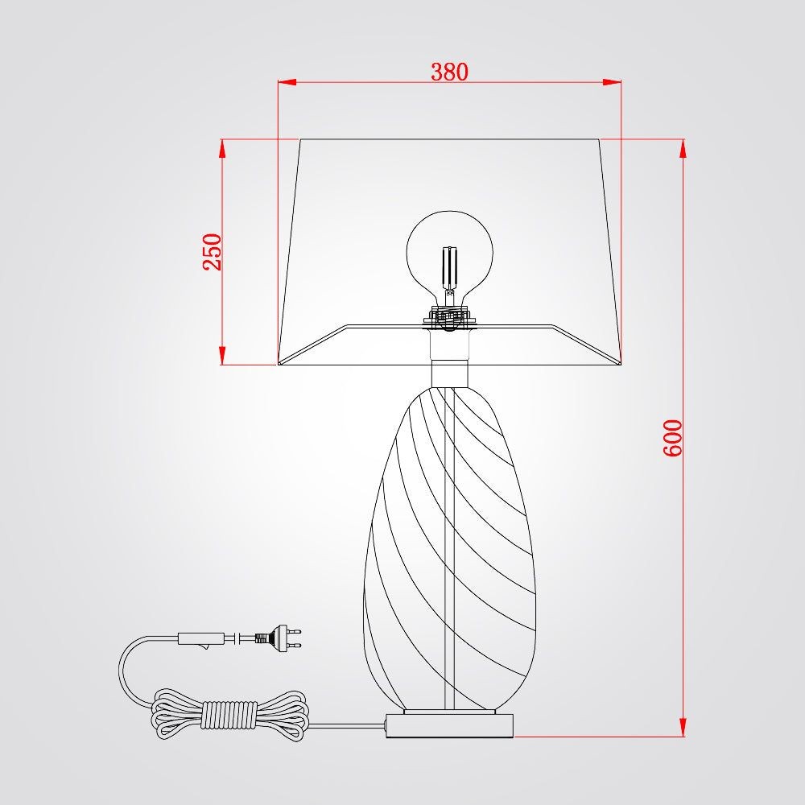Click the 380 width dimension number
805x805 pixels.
point(449,72)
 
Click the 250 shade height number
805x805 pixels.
point(212,251)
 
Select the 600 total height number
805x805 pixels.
point(672,438)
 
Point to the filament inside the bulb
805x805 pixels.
point(449,268)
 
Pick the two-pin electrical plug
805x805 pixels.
point(278,638)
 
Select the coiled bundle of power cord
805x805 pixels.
point(230,714)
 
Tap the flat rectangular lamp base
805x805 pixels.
point(450,725)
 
